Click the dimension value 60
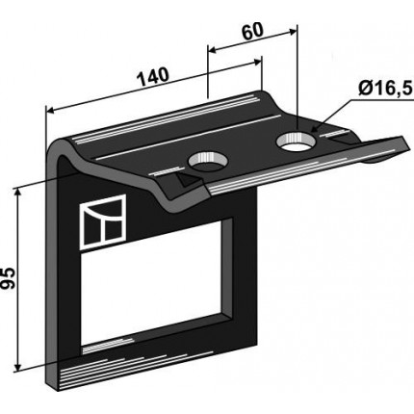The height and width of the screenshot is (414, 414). [x=252, y=31]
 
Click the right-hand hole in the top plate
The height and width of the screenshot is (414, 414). [x=297, y=142]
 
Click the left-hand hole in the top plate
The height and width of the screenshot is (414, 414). [x=208, y=162]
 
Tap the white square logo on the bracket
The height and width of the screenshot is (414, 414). [x=103, y=221]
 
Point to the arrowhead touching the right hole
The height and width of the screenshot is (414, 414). [x=315, y=128]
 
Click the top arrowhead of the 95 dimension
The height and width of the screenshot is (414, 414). [x=17, y=193]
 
